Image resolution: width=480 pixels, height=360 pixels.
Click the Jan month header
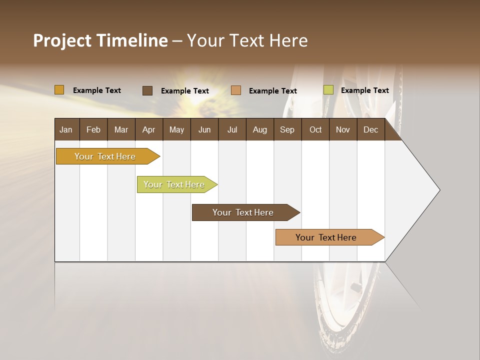pos(66,129)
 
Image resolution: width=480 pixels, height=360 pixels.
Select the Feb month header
pos(93,129)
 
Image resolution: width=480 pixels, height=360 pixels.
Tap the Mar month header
pos(121,129)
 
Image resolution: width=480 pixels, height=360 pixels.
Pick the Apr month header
pos(148,129)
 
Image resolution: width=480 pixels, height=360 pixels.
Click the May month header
pos(176,129)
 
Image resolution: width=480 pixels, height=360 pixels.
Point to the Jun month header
pos(204,129)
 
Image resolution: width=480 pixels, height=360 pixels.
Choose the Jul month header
pos(232,129)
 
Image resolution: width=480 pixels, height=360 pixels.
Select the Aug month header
pos(259,129)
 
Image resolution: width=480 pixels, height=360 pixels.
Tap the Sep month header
pos(287,129)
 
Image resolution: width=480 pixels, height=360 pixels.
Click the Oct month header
pos(315,129)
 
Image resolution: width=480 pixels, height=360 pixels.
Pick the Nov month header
pos(343,129)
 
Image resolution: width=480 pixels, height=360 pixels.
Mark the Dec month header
pos(370,129)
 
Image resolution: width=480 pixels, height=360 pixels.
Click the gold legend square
pos(59,90)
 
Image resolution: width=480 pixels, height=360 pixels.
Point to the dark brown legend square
pos(147,90)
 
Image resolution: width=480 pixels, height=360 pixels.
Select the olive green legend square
pos(328,90)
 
